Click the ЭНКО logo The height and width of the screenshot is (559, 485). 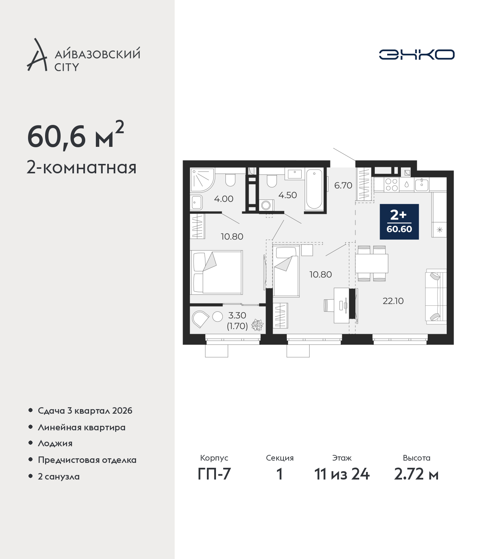click(x=416, y=54)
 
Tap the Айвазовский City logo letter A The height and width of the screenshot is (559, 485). click(x=36, y=55)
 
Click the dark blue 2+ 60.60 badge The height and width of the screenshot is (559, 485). click(x=399, y=221)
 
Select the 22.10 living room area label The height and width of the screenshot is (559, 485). click(x=393, y=301)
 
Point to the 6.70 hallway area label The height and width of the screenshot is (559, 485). click(x=343, y=185)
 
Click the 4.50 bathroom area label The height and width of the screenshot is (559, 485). click(x=288, y=195)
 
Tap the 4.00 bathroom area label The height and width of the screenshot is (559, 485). click(x=224, y=199)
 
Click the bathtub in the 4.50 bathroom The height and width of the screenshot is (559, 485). click(x=314, y=189)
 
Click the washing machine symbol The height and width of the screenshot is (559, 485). click(x=266, y=205)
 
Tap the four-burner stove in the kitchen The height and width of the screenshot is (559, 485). click(x=391, y=185)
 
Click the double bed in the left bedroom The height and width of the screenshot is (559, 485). click(x=216, y=272)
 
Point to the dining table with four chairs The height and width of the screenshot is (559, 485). click(x=372, y=263)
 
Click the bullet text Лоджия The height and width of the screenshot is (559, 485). click(x=55, y=444)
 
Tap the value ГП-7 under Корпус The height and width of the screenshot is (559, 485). click(x=214, y=474)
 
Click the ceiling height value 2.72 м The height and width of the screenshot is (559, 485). click(x=416, y=474)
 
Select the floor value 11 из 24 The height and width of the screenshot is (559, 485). click(x=342, y=474)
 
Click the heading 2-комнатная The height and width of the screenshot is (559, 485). click(x=81, y=168)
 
